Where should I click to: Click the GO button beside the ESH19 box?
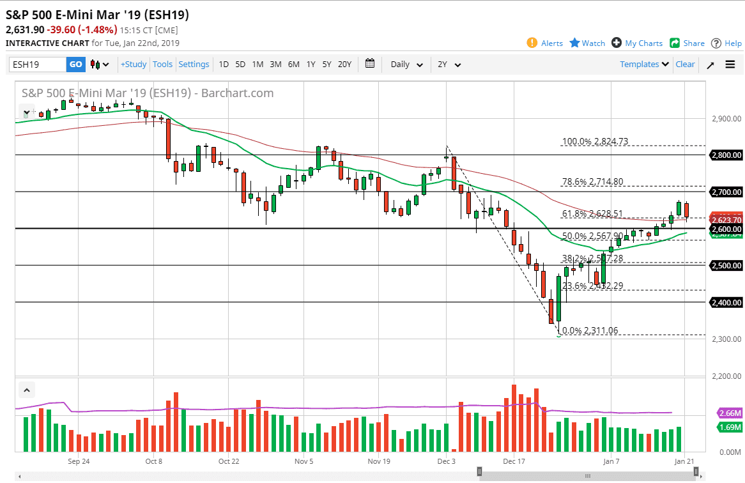pos(75,65)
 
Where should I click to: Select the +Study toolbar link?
pos(134,65)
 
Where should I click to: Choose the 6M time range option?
pos(293,65)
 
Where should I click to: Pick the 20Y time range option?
pos(344,65)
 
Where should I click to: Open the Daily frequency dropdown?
pos(406,65)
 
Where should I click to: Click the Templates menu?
pos(644,65)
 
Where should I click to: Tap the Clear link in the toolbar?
pos(685,65)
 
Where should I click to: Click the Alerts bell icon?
pos(532,43)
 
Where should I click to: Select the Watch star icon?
pos(574,43)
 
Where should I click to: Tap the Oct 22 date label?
pos(228,461)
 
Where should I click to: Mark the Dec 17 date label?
pos(514,461)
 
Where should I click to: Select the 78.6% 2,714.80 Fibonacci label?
pos(592,182)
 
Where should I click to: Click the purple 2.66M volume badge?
pos(730,413)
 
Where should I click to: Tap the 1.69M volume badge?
pos(730,427)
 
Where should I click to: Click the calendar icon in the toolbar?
pos(370,64)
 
